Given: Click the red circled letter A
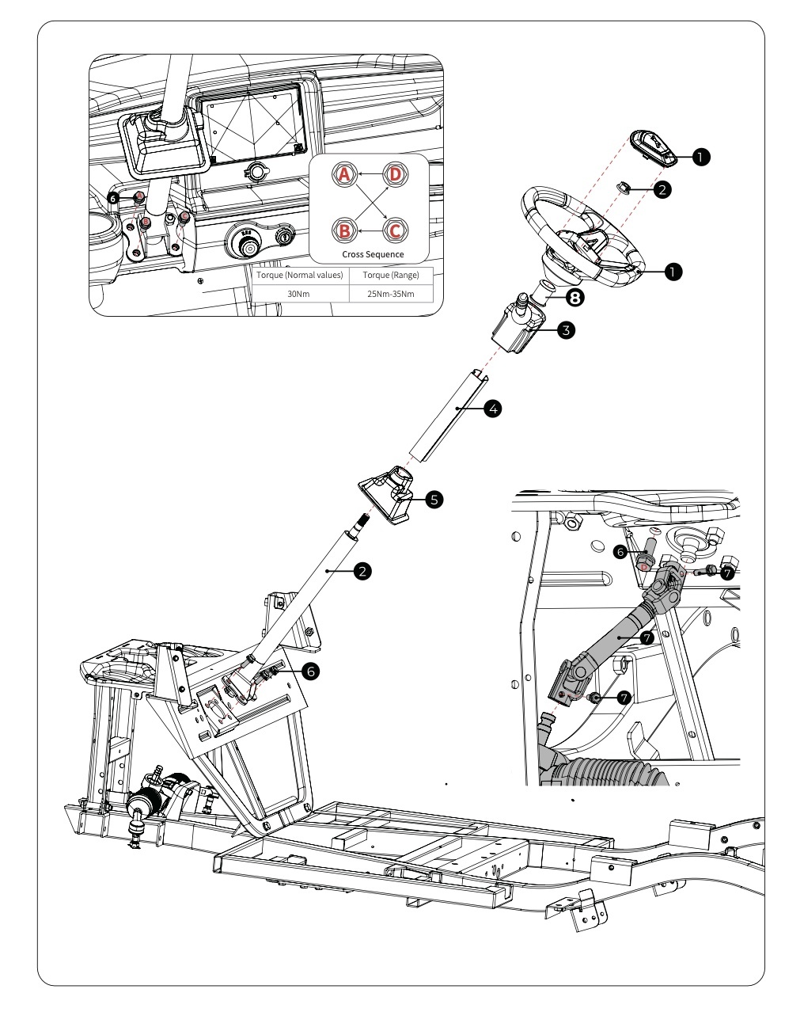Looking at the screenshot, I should tap(344, 176).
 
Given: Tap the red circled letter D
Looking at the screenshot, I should tap(396, 176).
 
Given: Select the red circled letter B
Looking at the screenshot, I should tap(344, 230).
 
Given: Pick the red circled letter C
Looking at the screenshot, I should tap(396, 230).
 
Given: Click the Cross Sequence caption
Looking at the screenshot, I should tap(372, 254).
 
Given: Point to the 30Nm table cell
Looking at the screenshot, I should tap(300, 292).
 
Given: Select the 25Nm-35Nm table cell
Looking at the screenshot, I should tap(391, 292).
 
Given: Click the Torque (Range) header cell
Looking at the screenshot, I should tap(391, 276).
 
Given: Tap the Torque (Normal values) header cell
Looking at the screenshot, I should tap(300, 276).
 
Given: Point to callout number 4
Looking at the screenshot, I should tap(492, 409).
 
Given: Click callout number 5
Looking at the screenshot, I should tap(434, 499).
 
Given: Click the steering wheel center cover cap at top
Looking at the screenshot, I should tap(653, 148).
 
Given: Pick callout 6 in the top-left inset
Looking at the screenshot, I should tap(115, 199).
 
